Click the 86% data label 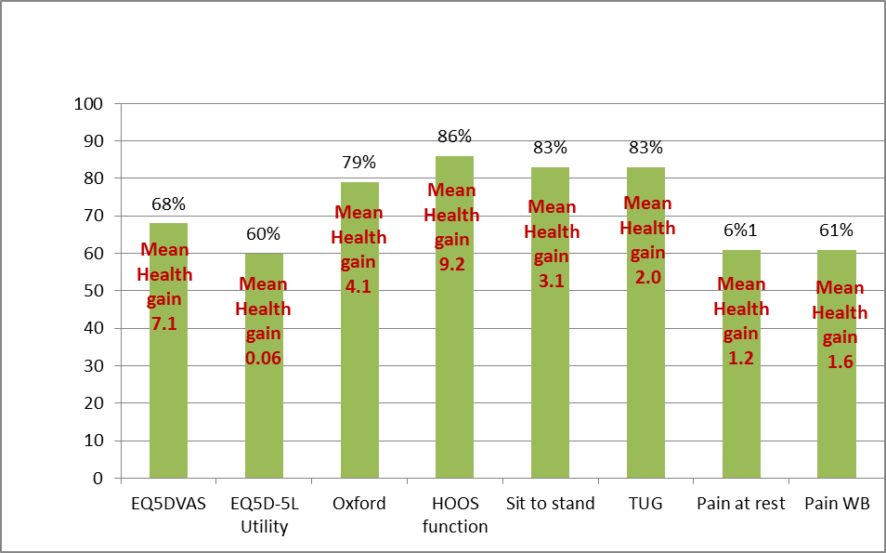454,137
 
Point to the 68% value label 169,204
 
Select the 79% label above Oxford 359,163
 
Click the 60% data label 264,234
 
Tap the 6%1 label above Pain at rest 741,230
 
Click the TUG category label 645,504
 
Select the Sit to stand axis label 550,504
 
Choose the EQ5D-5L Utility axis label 264,515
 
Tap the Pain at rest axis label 741,504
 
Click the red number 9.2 453,265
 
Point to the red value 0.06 263,358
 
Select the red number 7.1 163,324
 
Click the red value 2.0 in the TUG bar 646,277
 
